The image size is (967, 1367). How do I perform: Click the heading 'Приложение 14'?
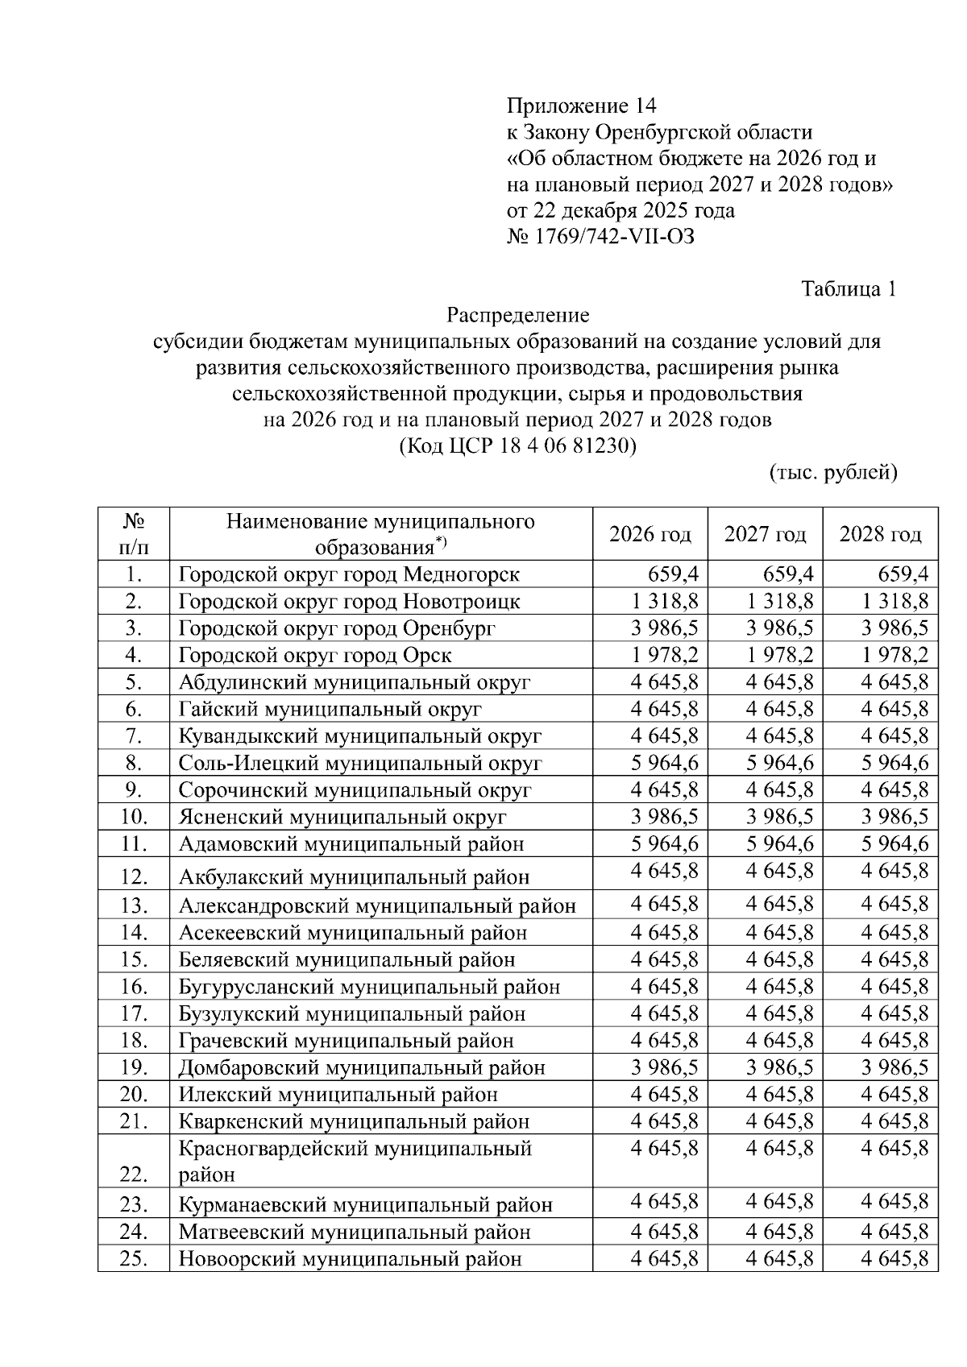581,106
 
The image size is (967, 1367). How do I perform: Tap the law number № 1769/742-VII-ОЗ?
600,237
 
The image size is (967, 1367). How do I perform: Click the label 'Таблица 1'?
849,288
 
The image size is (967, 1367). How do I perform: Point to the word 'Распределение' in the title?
517,315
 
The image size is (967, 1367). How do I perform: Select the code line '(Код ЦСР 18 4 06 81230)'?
517,445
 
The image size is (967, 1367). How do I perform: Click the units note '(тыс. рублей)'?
832,472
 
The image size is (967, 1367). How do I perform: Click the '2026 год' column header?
650,534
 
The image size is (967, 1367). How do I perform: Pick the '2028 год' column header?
880,534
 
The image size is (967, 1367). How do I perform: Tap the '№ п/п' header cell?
134,534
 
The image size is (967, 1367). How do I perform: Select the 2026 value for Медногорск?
674,574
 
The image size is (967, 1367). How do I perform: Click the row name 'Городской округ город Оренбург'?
337,628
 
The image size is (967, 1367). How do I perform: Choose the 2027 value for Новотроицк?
780,601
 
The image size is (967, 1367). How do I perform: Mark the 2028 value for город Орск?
894,655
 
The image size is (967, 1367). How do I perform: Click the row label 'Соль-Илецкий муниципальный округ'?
360,763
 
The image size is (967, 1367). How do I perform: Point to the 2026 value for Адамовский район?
665,843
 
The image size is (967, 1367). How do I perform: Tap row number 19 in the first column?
134,1067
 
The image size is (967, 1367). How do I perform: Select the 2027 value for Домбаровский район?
780,1067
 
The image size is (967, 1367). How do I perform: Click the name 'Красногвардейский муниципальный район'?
355,1161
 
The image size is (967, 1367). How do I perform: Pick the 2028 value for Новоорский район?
894,1258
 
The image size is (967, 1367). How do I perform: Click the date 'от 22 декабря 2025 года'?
620,211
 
